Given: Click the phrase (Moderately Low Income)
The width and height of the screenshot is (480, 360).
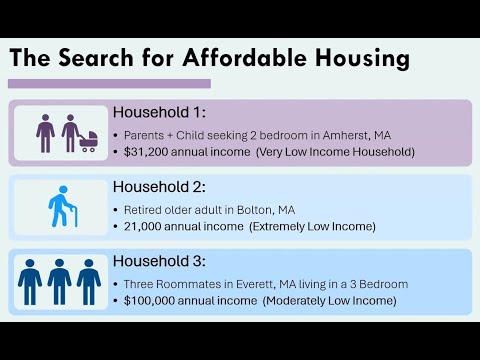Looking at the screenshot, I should (x=331, y=301).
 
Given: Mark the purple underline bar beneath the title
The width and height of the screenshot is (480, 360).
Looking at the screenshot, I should (x=110, y=85).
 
